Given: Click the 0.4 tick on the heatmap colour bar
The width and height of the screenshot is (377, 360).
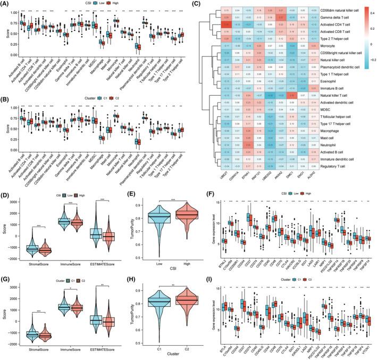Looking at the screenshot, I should click(x=366, y=10).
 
